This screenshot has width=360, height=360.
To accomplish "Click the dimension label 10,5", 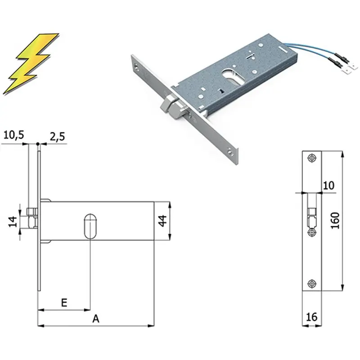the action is (14, 135).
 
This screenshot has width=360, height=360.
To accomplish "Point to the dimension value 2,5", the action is (58, 136).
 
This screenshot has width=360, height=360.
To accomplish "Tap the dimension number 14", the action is (13, 221).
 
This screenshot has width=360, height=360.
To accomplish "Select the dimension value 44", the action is (162, 220).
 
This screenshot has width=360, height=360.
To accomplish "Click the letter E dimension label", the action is (64, 302).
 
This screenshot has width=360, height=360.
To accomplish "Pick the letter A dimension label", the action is (96, 319).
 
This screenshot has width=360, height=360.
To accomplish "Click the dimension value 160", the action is (335, 220).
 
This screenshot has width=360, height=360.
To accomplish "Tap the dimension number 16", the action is (311, 317).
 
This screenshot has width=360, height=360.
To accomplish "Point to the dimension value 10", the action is (328, 185).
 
